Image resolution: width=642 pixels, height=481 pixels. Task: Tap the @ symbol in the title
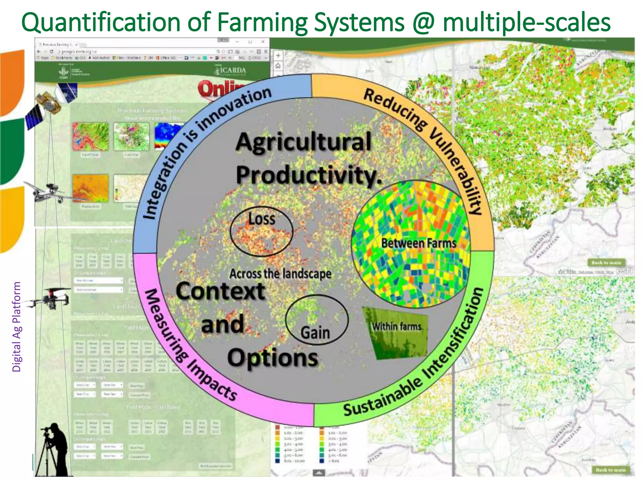click(424, 23)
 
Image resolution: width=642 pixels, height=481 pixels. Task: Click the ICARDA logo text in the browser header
click(232, 70)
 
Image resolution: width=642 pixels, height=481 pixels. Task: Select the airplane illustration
click(50, 192)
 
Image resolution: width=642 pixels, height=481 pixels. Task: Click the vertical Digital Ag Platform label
click(16, 326)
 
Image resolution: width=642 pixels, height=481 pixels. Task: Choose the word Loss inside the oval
click(262, 219)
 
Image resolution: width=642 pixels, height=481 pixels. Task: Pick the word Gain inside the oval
click(315, 333)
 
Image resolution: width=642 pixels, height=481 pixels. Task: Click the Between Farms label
click(418, 243)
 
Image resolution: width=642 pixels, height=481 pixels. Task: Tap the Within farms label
click(397, 327)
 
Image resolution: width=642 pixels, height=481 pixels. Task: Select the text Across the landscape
click(280, 274)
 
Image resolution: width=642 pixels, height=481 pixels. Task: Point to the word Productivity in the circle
click(309, 175)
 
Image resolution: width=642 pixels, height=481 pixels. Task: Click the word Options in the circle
click(273, 358)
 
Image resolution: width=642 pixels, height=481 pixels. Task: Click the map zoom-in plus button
click(278, 56)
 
